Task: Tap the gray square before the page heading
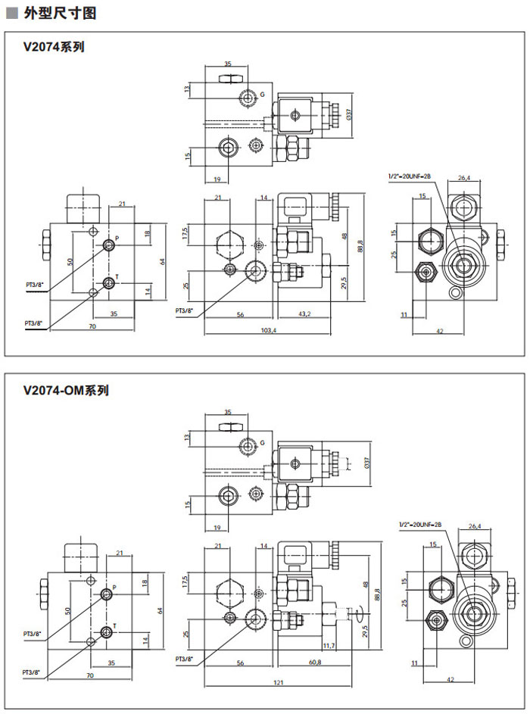point(11,14)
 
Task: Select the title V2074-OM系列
point(67,391)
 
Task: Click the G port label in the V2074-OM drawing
point(262,442)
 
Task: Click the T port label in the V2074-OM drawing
point(114,625)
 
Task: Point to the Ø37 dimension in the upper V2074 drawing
point(349,115)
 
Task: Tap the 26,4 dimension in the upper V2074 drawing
point(464,179)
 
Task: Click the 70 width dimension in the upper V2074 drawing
point(92,326)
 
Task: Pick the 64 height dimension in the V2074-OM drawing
point(161,610)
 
